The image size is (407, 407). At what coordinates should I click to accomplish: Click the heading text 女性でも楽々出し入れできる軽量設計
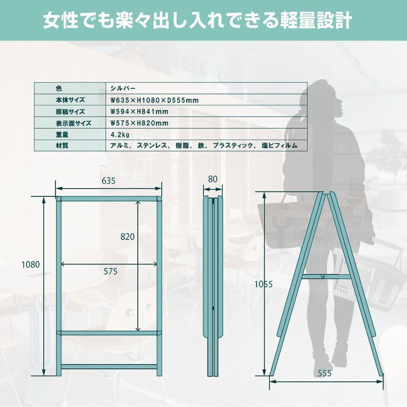[x=197, y=21]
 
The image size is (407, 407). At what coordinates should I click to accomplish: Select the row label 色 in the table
[x=58, y=89]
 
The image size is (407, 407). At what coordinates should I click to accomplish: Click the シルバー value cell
[x=123, y=89]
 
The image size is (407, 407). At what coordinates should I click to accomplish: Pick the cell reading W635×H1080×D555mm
[x=154, y=100]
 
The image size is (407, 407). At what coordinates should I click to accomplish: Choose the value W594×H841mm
[x=139, y=112]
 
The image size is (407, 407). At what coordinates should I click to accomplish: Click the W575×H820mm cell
[x=139, y=123]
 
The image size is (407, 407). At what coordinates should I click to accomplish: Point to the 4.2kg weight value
[x=120, y=135]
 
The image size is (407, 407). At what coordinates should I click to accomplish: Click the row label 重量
[x=62, y=135]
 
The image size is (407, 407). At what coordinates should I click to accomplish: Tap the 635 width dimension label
[x=109, y=181]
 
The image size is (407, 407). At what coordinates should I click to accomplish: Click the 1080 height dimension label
[x=31, y=265]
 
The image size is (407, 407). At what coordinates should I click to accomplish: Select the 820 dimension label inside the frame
[x=127, y=237]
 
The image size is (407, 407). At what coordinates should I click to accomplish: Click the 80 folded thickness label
[x=213, y=179]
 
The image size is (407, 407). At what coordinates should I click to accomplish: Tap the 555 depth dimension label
[x=324, y=373]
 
